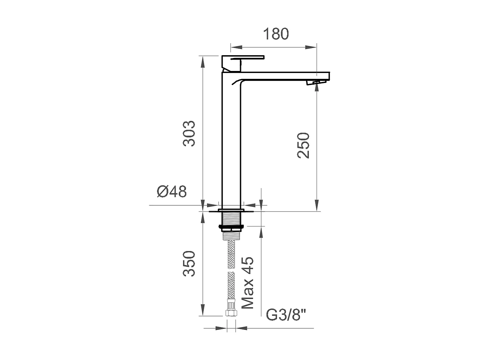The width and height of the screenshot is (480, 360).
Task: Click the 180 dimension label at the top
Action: tap(276, 34)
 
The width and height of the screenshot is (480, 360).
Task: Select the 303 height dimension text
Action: tap(189, 134)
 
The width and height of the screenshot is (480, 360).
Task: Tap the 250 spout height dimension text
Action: tap(304, 145)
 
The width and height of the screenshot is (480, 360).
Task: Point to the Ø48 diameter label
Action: tap(172, 192)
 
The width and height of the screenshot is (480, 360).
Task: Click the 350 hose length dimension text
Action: tap(189, 264)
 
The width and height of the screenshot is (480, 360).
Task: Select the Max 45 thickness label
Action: tap(248, 283)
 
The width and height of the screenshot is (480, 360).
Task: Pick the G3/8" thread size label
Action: tap(286, 315)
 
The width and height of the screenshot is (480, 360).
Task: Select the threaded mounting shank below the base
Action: tap(232, 219)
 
